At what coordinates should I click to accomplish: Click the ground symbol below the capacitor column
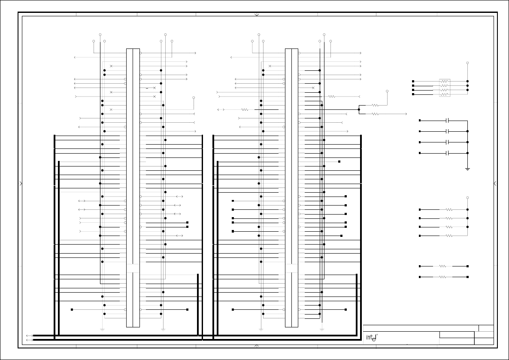467,169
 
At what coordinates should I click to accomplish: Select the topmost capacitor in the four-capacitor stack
447,121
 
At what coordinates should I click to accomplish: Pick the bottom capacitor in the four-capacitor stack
447,153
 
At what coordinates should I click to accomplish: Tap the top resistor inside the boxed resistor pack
444,81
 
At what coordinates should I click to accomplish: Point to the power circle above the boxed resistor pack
467,63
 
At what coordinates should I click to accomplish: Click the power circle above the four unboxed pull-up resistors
467,198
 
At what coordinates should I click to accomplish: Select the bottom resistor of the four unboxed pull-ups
449,236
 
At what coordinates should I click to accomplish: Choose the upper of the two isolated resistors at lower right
443,266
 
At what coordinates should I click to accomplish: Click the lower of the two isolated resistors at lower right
443,277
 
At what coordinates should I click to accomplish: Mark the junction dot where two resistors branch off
359,109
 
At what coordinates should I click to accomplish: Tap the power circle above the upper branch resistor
387,91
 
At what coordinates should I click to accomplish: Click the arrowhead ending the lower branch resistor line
406,114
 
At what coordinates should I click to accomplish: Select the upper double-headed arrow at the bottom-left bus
29,336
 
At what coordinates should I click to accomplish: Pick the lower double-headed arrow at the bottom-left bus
29,340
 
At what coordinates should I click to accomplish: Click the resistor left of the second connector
245,109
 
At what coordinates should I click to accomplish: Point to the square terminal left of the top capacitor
420,121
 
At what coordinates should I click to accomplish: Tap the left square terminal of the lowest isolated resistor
420,277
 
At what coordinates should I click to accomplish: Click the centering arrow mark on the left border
21,183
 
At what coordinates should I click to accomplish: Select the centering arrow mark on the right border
495,183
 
